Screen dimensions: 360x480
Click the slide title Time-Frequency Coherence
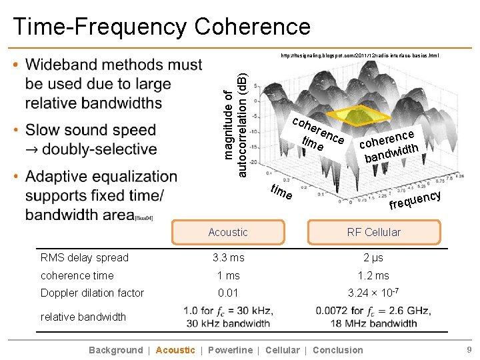tap(161, 27)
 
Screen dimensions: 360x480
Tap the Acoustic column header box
tap(228, 232)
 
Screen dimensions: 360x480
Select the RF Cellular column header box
tap(373, 232)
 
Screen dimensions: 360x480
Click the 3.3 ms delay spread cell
tap(228, 257)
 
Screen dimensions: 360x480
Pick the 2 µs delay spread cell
tap(373, 257)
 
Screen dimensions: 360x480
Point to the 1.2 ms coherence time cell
tap(373, 275)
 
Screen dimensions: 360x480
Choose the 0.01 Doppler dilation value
tap(228, 293)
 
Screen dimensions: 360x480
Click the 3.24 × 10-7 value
tap(373, 293)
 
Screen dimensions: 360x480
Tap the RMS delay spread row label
tap(85, 257)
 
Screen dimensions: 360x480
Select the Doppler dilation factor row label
tap(92, 293)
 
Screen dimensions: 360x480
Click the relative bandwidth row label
tap(83, 317)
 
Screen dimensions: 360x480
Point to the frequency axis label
tap(415, 198)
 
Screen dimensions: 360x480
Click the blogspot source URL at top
tap(359, 56)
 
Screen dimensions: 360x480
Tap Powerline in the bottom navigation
tap(230, 350)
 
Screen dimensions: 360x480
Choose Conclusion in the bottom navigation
tap(338, 350)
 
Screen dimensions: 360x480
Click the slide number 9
tap(469, 350)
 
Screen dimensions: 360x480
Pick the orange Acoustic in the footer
tap(175, 350)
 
